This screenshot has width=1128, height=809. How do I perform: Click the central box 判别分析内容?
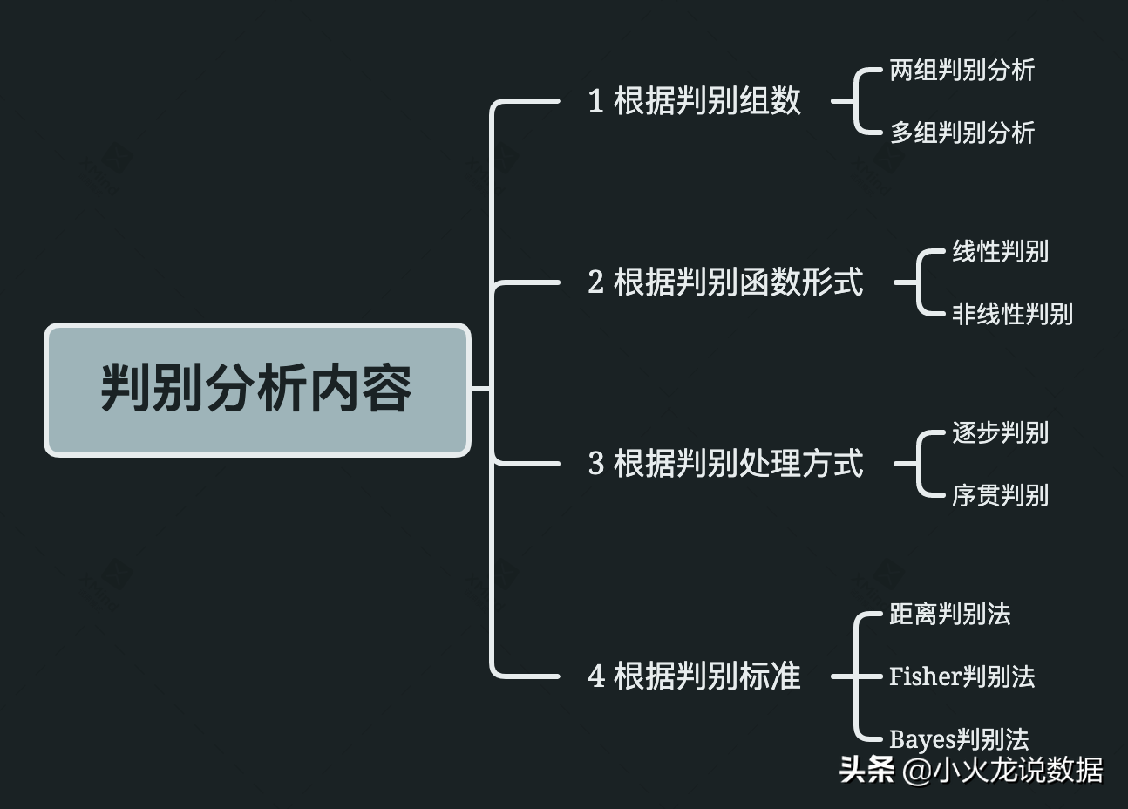pos(257,389)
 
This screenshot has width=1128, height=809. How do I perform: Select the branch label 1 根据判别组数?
pos(694,101)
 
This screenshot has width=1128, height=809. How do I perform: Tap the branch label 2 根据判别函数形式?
pos(725,282)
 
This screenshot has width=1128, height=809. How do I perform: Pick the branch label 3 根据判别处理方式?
pos(725,464)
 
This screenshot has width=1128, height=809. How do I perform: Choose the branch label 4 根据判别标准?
pos(694,676)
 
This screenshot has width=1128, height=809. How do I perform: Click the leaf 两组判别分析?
pos(962,71)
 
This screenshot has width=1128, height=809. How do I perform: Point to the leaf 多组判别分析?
pos(962,133)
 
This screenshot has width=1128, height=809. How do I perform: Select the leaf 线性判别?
pos(1000,252)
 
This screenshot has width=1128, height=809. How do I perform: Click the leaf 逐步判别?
pos(1000,433)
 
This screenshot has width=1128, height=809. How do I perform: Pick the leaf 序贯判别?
pos(1000,496)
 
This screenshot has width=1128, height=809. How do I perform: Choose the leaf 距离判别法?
pos(949,615)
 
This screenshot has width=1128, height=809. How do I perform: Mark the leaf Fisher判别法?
pos(962,676)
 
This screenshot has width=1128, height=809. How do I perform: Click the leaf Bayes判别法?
pos(959,739)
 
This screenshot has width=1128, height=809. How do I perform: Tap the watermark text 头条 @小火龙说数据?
pos(971,771)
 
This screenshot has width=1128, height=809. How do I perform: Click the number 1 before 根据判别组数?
pos(596,102)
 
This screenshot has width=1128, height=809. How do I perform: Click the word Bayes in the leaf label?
pos(922,740)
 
